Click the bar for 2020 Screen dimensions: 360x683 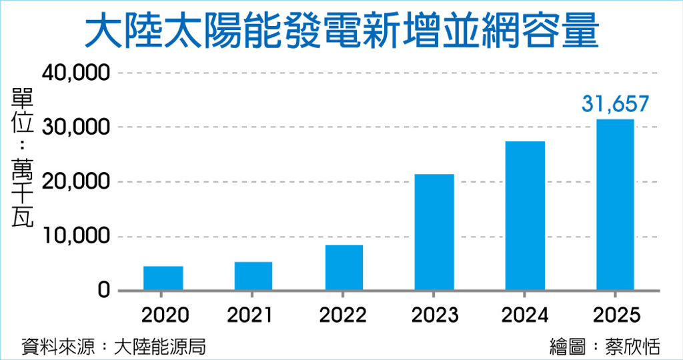[x=163, y=278]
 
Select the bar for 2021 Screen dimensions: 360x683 [x=253, y=276]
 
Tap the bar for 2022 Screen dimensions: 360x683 [x=344, y=267]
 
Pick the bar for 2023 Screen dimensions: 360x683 [x=434, y=232]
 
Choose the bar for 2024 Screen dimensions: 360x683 [x=525, y=215]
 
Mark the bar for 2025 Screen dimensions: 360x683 [x=615, y=205]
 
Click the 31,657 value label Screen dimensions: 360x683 [x=615, y=104]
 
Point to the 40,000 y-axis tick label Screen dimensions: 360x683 [x=75, y=73]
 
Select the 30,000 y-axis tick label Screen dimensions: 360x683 [x=75, y=127]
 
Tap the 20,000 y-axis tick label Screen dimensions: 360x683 [x=75, y=182]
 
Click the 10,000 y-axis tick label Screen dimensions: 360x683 [x=75, y=237]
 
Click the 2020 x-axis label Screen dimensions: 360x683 [x=163, y=315]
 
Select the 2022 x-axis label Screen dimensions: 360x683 [x=344, y=315]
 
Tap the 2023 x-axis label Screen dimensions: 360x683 [x=434, y=315]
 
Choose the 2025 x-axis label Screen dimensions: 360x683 [x=615, y=315]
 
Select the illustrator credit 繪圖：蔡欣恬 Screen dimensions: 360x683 [x=604, y=347]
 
